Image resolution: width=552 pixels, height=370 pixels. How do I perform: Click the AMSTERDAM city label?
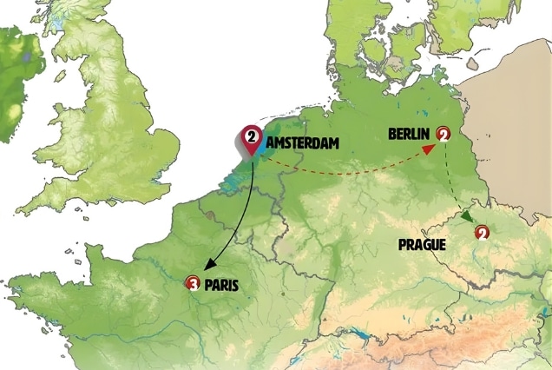(x=303, y=143)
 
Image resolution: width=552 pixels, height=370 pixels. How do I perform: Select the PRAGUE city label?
(x=422, y=245)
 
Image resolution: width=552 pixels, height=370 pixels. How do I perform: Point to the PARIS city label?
(x=221, y=283)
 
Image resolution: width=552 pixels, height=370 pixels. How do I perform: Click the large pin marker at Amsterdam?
(x=252, y=138)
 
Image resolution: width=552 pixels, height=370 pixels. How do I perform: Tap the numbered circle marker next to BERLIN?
(x=444, y=134)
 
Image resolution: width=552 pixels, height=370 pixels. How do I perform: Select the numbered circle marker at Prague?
(x=482, y=232)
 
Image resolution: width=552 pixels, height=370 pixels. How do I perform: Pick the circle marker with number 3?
(x=193, y=283)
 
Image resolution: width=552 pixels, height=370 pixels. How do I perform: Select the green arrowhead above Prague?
(x=468, y=216)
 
